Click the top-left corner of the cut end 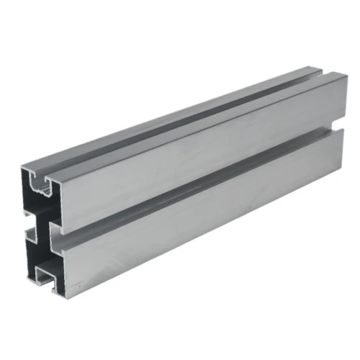[21, 164]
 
